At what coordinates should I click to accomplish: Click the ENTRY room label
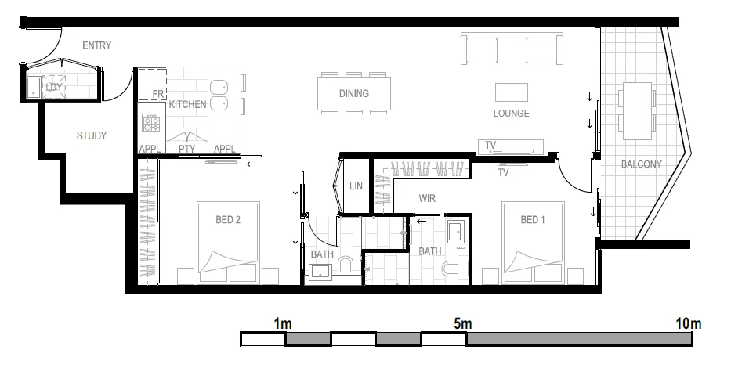click(x=96, y=45)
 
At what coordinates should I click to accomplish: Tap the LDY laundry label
click(x=53, y=87)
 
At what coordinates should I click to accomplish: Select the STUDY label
click(x=92, y=135)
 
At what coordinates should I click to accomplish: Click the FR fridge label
click(x=157, y=95)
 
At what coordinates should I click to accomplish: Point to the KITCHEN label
click(x=188, y=104)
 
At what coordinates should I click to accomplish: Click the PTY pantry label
click(x=186, y=148)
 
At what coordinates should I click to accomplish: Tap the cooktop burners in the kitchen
click(x=151, y=124)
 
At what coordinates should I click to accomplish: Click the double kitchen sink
click(x=219, y=94)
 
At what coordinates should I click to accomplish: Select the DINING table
click(x=354, y=94)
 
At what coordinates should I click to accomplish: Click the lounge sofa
click(x=513, y=49)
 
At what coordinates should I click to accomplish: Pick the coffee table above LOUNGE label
click(x=512, y=92)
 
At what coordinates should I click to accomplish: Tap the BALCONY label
click(x=641, y=164)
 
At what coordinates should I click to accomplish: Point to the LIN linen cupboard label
click(x=356, y=186)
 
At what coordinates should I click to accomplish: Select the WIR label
click(x=427, y=198)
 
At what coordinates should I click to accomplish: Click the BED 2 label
click(x=227, y=220)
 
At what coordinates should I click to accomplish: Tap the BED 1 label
click(x=533, y=220)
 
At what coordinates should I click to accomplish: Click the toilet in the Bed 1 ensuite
click(x=452, y=269)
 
